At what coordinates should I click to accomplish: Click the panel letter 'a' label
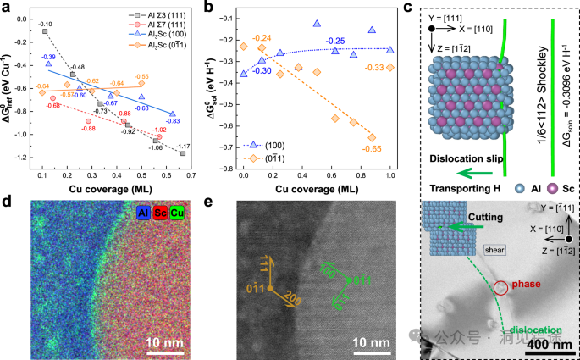[x=6, y=8]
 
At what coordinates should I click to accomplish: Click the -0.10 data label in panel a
[x=45, y=24]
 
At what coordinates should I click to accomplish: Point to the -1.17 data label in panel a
[x=184, y=146]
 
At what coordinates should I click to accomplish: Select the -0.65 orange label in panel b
[x=373, y=149]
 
